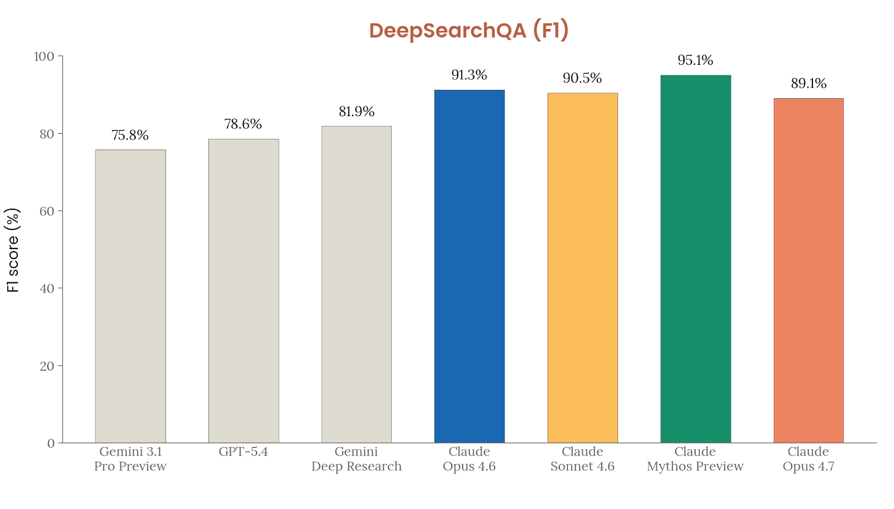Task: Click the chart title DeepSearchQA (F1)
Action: point(469,30)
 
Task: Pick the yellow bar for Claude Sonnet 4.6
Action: point(582,268)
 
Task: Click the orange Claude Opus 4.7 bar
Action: point(809,271)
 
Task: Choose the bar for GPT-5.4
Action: point(244,291)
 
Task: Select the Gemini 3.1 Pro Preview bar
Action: point(130,296)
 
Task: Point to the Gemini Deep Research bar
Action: point(356,285)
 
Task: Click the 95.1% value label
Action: point(695,60)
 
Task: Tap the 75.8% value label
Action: point(130,135)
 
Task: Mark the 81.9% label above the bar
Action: point(356,112)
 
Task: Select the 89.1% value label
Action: point(809,84)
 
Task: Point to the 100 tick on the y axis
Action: point(44,56)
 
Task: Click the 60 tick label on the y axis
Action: point(47,211)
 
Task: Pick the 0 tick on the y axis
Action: point(51,443)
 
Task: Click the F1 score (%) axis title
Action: point(13,250)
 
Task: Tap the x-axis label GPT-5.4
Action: point(244,452)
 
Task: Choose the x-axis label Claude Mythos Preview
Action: point(695,459)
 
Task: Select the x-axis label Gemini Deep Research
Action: point(356,459)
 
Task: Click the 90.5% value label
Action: point(582,78)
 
